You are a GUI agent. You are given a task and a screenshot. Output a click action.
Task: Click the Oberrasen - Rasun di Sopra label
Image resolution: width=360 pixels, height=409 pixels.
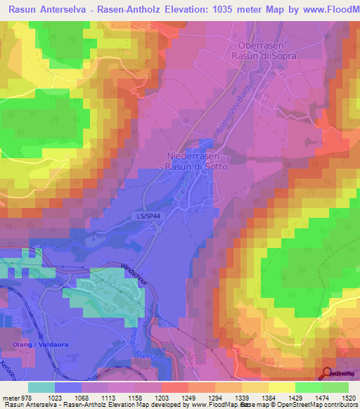(x=264, y=50)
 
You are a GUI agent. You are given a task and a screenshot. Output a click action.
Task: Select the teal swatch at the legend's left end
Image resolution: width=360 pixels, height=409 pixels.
(x=41, y=387)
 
